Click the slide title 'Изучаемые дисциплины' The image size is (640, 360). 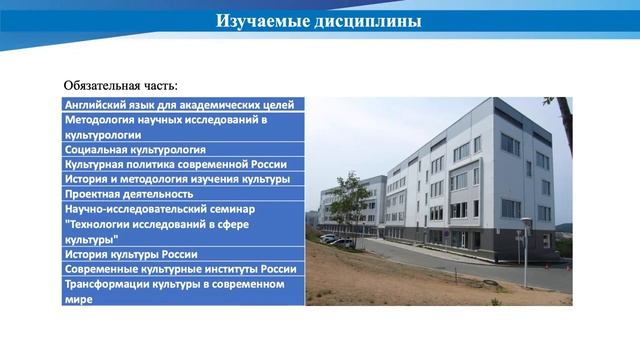(x=319, y=21)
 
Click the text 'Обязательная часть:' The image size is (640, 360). (x=121, y=85)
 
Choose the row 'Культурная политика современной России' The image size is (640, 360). (x=176, y=164)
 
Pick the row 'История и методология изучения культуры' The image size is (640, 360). (x=177, y=179)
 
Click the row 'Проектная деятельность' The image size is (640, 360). (x=129, y=194)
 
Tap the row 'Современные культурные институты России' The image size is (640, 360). (x=180, y=269)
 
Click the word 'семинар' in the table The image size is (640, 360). (x=232, y=209)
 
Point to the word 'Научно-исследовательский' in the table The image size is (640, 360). (x=135, y=209)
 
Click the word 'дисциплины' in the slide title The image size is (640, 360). (x=369, y=21)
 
